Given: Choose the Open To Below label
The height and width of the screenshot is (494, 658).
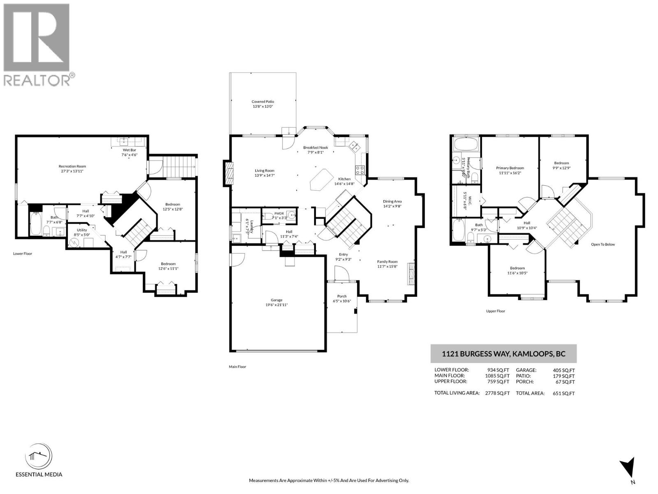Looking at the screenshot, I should point(603,245).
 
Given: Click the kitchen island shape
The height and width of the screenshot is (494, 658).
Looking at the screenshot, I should point(320,181).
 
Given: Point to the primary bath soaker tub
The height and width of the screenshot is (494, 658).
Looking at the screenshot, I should point(466,144).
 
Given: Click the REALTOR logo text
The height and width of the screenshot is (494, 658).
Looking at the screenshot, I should point(37,80).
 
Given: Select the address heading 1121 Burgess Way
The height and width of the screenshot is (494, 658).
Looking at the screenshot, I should point(503,354).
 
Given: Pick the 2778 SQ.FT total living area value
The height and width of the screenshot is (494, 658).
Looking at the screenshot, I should point(497,393).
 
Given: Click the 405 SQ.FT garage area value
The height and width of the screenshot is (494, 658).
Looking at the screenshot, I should point(564,370).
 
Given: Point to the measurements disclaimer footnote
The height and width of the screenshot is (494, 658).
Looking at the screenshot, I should point(329,480).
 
